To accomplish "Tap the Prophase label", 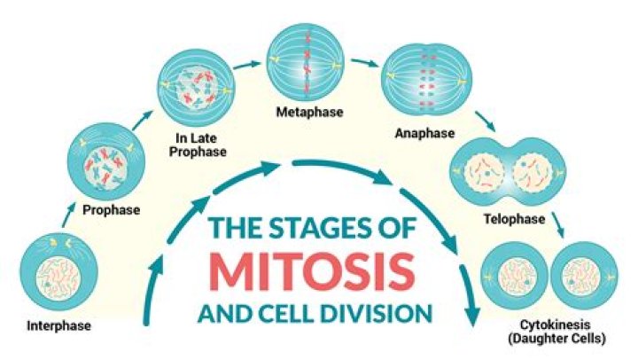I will click(111, 211).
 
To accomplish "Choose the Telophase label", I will click(510, 215).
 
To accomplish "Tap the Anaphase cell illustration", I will click(424, 85).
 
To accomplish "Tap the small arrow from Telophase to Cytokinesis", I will click(558, 226).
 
